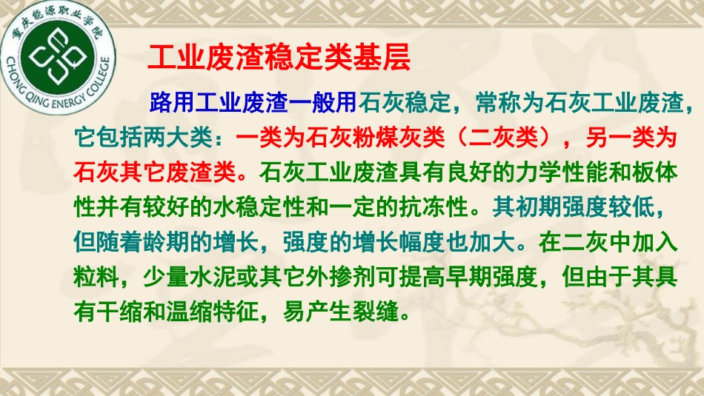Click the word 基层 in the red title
tap(388, 57)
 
